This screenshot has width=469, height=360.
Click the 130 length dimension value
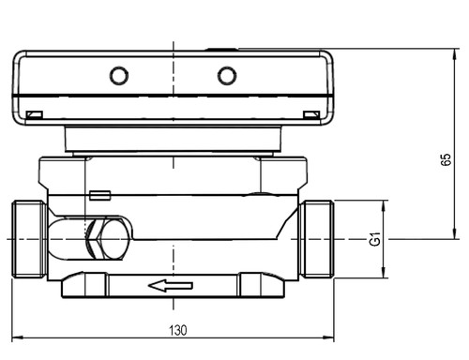pyautogui.click(x=178, y=330)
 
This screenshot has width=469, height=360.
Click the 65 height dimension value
pyautogui.click(x=446, y=159)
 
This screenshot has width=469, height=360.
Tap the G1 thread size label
pyautogui.click(x=375, y=239)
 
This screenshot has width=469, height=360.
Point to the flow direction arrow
pyautogui.click(x=171, y=286)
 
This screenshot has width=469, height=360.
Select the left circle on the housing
pyautogui.click(x=119, y=76)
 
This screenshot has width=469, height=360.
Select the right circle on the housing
pyautogui.click(x=227, y=76)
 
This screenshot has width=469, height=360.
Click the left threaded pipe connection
pyautogui.click(x=30, y=239)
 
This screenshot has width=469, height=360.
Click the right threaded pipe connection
pyautogui.click(x=316, y=239)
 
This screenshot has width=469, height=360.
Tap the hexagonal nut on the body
pyautogui.click(x=97, y=239)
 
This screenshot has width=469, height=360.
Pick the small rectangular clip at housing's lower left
pyautogui.click(x=35, y=115)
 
